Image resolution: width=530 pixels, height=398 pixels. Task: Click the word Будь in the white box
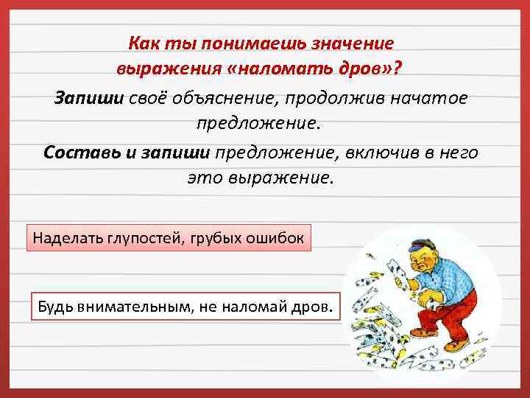click(x=54, y=305)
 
